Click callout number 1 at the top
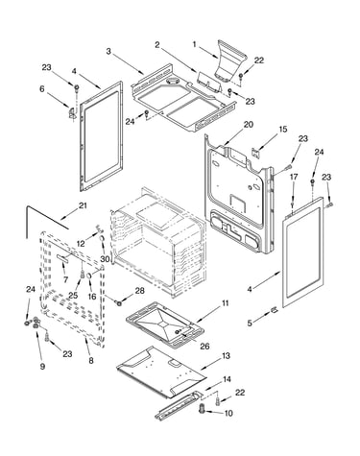click(x=194, y=44)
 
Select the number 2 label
click(x=156, y=45)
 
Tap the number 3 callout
click(x=108, y=51)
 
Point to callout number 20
click(x=249, y=125)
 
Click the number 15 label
click(x=283, y=130)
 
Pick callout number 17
click(x=294, y=177)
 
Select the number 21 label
click(x=83, y=205)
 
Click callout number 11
click(x=226, y=302)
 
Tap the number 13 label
click(x=226, y=355)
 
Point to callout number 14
click(x=227, y=379)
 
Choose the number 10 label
click(x=228, y=413)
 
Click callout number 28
click(x=139, y=291)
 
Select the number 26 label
click(x=204, y=346)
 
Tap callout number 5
click(x=250, y=324)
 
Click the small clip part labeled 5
click(x=274, y=309)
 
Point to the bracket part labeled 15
click(x=255, y=153)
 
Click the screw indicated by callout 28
click(x=119, y=302)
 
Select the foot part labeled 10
click(x=202, y=408)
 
